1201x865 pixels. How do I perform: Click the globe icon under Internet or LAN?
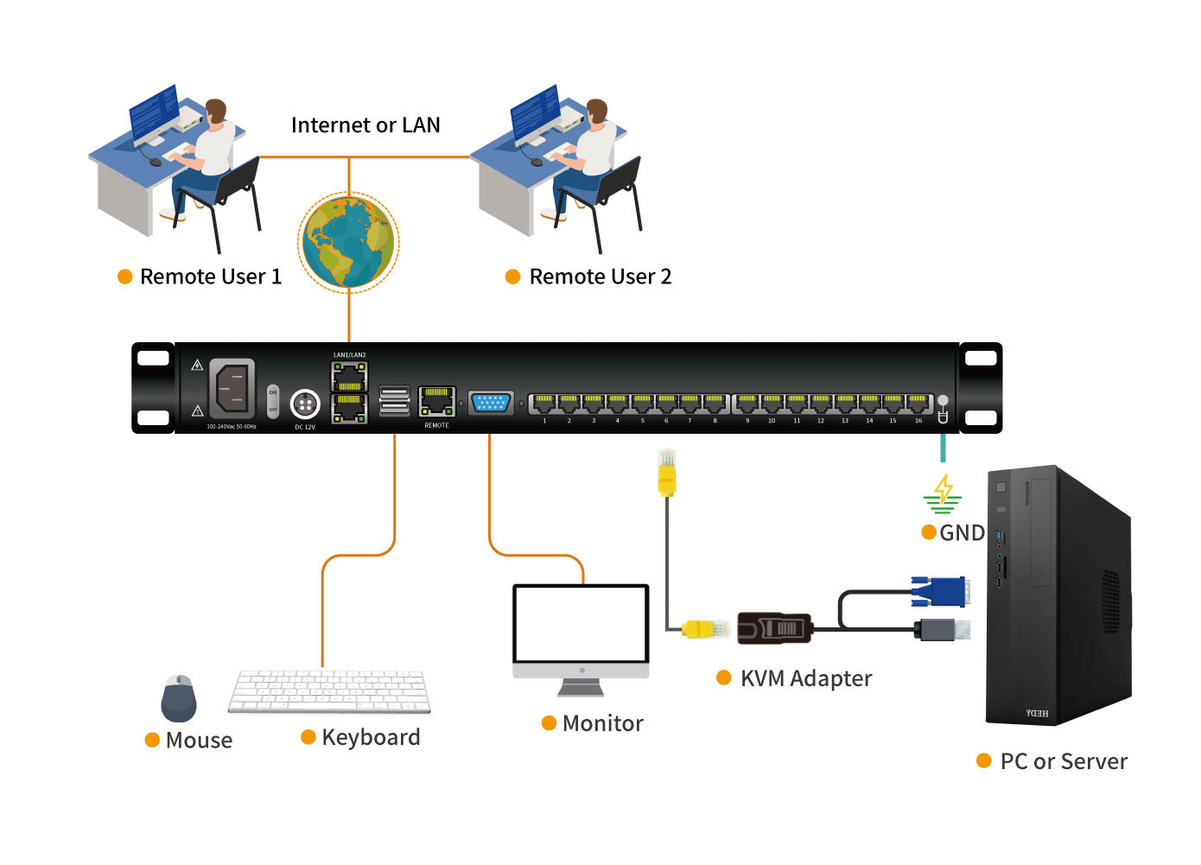click(348, 242)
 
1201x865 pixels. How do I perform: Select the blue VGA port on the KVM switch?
click(491, 403)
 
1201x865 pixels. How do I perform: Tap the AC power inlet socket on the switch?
click(232, 388)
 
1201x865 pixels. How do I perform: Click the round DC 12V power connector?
click(304, 404)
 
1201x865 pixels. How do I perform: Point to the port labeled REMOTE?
click(436, 402)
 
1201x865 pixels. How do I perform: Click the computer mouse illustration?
click(179, 698)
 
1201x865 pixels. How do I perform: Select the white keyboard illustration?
click(329, 691)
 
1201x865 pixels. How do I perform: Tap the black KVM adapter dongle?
click(774, 627)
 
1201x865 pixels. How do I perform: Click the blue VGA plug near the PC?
click(938, 592)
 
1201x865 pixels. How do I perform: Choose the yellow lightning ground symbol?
click(943, 493)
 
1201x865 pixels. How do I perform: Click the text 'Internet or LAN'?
click(365, 125)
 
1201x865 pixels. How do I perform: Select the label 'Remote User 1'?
click(210, 277)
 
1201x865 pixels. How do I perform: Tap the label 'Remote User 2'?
click(600, 277)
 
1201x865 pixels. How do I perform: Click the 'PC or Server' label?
click(1063, 761)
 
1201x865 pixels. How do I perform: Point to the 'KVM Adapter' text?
click(805, 678)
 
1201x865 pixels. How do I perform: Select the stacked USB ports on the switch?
click(395, 401)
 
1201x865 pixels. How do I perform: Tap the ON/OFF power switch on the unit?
click(273, 401)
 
